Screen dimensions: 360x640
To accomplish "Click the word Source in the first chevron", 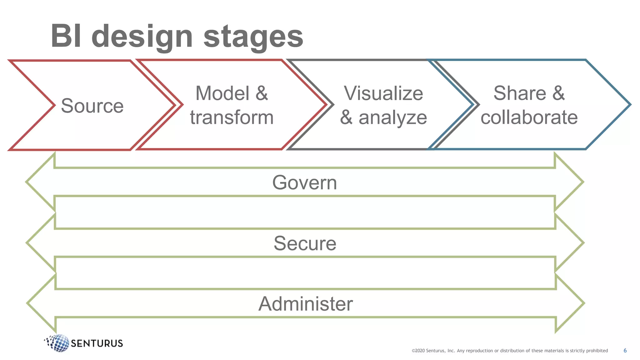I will click(92, 106).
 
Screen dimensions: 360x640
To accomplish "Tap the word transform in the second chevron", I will click(232, 117).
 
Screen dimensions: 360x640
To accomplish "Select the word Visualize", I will click(383, 93).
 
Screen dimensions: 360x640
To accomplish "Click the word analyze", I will click(392, 118).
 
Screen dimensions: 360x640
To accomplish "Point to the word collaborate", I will click(529, 117).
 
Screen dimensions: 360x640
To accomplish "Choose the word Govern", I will click(304, 182).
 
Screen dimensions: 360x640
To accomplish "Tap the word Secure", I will click(305, 243).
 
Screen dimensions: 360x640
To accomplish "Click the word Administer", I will click(305, 304).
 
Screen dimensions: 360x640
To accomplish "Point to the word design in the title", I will click(142, 37).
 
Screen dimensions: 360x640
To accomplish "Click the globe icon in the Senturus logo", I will click(58, 343).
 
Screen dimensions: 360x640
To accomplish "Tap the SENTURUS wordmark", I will click(97, 343).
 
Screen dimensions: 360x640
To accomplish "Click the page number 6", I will click(625, 351).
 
